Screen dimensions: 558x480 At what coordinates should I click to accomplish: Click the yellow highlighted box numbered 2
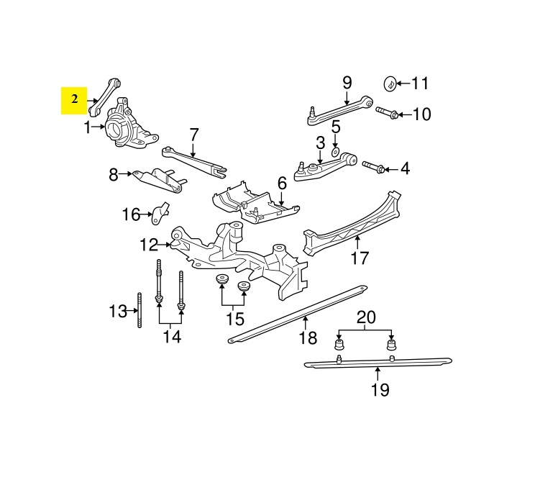(74, 101)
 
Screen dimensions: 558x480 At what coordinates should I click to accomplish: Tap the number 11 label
(420, 83)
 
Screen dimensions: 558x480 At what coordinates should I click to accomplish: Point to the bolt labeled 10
(386, 112)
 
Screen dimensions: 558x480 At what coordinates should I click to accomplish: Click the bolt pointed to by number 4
(373, 166)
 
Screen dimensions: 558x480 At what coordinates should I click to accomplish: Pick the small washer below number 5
(335, 153)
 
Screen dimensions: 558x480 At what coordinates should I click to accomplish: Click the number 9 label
(347, 83)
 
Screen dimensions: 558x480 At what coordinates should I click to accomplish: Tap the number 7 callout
(193, 135)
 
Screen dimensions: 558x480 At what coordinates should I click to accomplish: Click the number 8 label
(113, 175)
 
